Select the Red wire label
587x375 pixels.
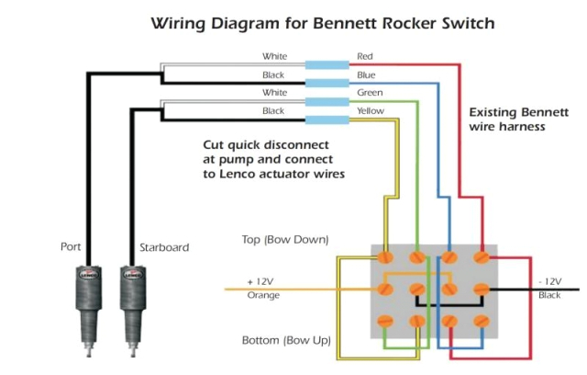pyautogui.click(x=365, y=57)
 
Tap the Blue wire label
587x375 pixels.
pyautogui.click(x=366, y=74)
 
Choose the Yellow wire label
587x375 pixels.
pyautogui.click(x=370, y=111)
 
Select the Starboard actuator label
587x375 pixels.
pyautogui.click(x=162, y=246)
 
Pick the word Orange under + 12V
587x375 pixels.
pyautogui.click(x=264, y=295)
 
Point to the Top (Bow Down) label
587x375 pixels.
pyautogui.click(x=284, y=240)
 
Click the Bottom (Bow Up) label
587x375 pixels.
pyautogui.click(x=286, y=340)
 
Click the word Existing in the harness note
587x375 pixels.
pyautogui.click(x=493, y=112)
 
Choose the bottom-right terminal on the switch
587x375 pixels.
pyautogui.click(x=482, y=321)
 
